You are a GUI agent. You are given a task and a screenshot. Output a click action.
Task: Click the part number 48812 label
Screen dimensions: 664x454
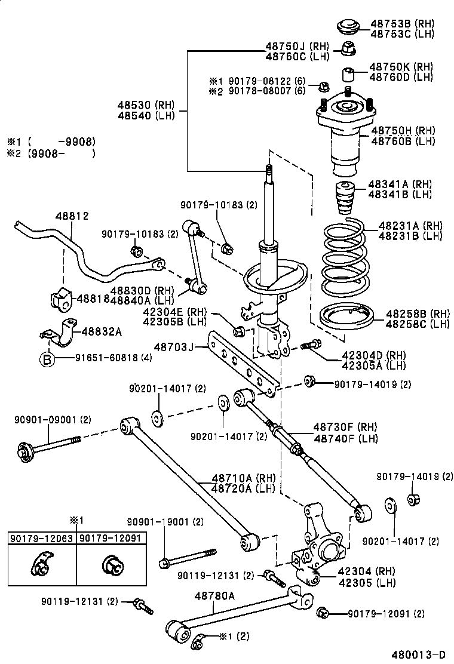coord(73,216)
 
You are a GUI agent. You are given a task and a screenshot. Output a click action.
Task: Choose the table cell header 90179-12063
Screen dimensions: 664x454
coord(41,538)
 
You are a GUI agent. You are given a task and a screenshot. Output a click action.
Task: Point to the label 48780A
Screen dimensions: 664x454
coord(214,595)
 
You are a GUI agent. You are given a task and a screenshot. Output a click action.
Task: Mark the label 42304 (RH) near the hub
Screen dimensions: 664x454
coord(358,571)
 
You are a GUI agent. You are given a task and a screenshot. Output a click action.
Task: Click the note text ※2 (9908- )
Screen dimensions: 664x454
coord(50,153)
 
